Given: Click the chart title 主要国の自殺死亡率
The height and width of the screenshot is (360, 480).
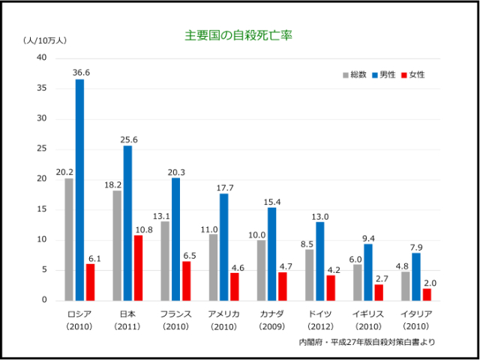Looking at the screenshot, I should click(x=238, y=35).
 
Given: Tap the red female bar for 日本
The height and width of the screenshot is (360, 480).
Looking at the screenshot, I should click(x=138, y=268).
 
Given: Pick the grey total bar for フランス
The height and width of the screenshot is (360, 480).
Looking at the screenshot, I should click(x=165, y=260).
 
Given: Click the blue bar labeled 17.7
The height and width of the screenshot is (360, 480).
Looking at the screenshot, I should click(x=223, y=247).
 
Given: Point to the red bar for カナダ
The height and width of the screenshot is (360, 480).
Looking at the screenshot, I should click(x=282, y=286).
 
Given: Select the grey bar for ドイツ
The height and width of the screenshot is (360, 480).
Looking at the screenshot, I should click(x=309, y=274).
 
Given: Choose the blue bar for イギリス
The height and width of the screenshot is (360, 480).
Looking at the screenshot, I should click(x=367, y=271).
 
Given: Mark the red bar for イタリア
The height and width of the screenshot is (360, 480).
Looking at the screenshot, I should click(x=426, y=294).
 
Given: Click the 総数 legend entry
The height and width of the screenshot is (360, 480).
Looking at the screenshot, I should click(x=354, y=75).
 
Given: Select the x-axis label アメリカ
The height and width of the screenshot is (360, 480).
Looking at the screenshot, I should click(x=223, y=313).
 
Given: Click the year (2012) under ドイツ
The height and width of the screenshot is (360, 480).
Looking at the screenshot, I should click(x=319, y=326).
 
